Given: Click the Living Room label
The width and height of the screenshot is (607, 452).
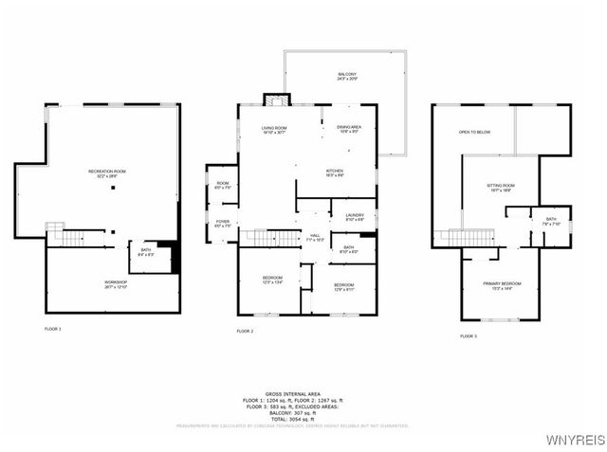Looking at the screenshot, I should point(275,130).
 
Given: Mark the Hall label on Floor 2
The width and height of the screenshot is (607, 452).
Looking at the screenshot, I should point(315,238).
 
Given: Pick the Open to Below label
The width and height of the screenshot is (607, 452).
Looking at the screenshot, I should point(474,132).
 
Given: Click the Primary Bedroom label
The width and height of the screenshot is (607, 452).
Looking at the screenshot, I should point(500,285).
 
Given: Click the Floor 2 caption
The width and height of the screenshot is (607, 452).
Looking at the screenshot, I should point(245,331).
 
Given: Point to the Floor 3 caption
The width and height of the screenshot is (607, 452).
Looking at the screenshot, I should point(469,335).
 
